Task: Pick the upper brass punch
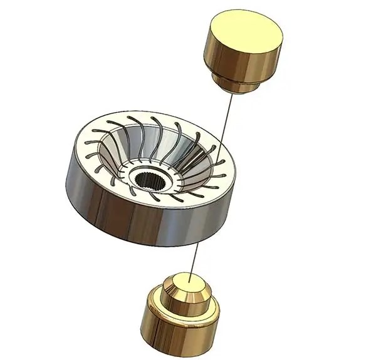[245, 50]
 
